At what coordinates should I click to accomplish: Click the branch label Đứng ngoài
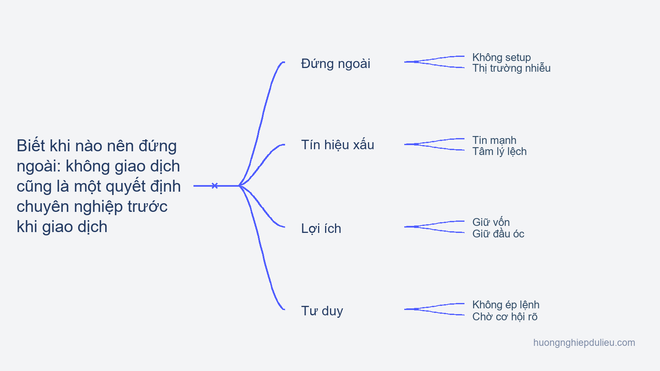pyautogui.click(x=336, y=63)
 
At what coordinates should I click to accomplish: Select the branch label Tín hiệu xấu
pyautogui.click(x=338, y=145)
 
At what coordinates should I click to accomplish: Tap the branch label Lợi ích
pyautogui.click(x=321, y=228)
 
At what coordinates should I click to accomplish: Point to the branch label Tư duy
pyautogui.click(x=322, y=311)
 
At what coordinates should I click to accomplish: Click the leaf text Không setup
pyautogui.click(x=502, y=57)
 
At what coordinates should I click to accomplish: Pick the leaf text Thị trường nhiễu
pyautogui.click(x=511, y=68)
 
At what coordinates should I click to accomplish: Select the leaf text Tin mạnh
pyautogui.click(x=495, y=140)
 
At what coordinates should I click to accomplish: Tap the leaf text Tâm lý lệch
pyautogui.click(x=500, y=151)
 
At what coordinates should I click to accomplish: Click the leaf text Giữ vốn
pyautogui.click(x=491, y=222)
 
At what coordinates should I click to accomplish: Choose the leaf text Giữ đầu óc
pyautogui.click(x=498, y=234)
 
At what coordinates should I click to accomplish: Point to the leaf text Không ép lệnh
pyautogui.click(x=506, y=305)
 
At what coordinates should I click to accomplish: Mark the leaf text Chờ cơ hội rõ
pyautogui.click(x=505, y=317)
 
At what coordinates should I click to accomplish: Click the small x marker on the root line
pyautogui.click(x=215, y=186)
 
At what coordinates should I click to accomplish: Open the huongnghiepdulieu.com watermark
pyautogui.click(x=584, y=343)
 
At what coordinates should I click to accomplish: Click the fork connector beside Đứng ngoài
pyautogui.click(x=434, y=62)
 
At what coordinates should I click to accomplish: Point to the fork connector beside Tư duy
pyautogui.click(x=434, y=309)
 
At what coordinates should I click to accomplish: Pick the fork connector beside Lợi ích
pyautogui.click(x=434, y=227)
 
